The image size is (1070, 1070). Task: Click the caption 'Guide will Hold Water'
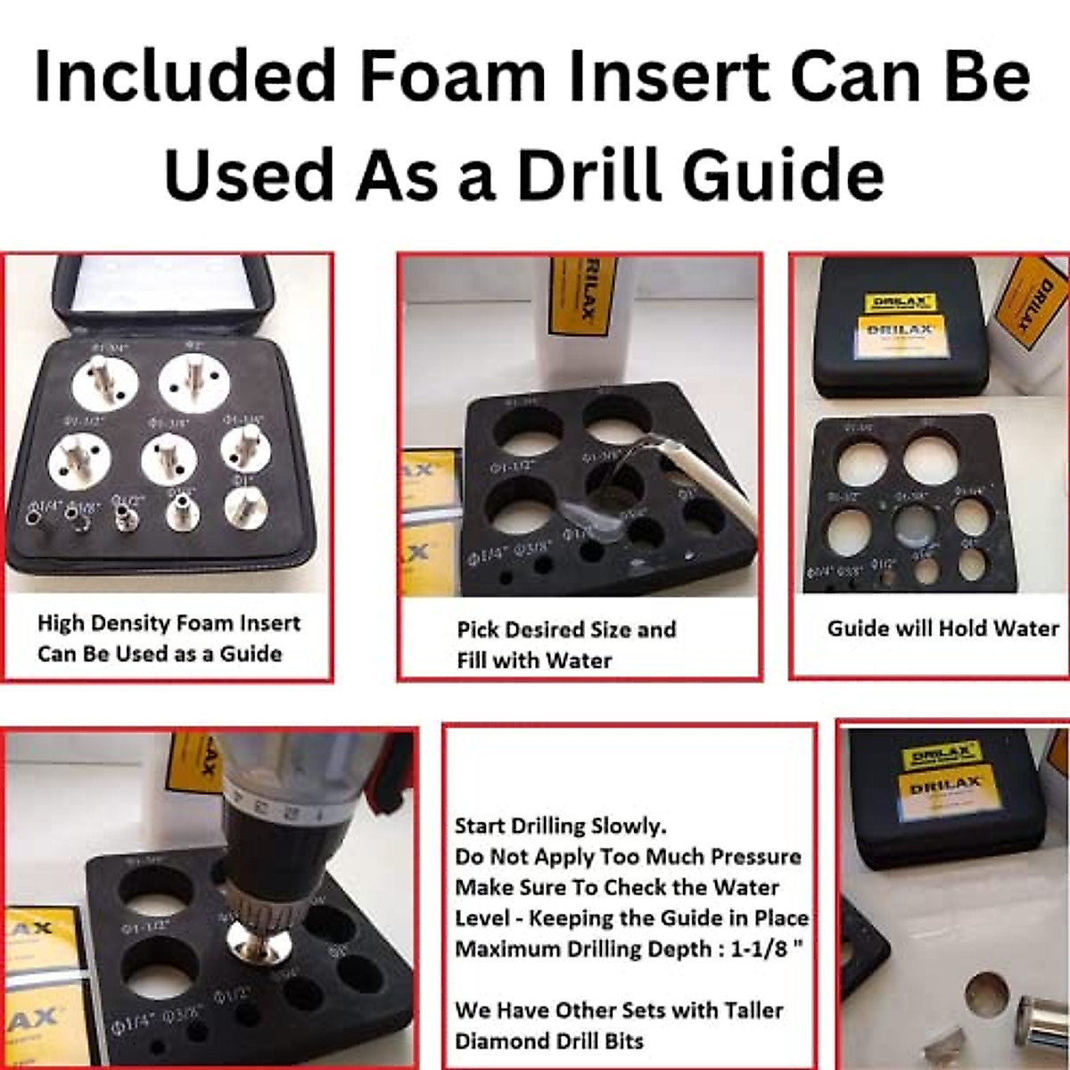(x=942, y=629)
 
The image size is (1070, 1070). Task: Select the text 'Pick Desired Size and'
(x=566, y=630)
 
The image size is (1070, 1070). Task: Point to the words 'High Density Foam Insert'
(x=169, y=623)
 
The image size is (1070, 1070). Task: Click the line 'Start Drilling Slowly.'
(x=560, y=826)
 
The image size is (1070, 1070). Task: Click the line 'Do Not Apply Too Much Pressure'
(x=628, y=857)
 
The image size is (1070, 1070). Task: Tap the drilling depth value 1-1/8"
(x=765, y=949)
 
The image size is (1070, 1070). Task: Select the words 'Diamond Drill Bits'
(x=548, y=1041)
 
